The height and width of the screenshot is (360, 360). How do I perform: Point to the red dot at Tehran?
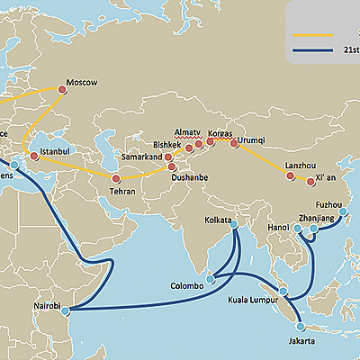tap(115, 178)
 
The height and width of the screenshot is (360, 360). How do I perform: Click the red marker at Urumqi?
tap(234, 143)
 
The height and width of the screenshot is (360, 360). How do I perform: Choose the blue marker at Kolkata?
tap(235, 228)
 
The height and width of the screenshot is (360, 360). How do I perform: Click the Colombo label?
tap(187, 286)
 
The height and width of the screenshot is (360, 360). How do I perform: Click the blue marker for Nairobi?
tap(65, 310)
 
